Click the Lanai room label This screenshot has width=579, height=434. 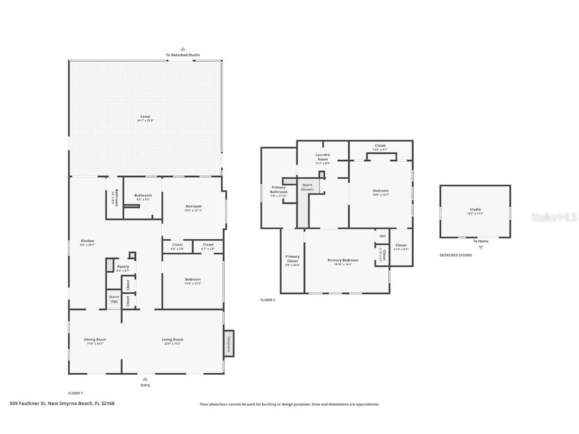click(145, 117)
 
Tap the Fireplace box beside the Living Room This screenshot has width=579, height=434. click(229, 343)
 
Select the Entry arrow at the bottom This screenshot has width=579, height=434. click(145, 379)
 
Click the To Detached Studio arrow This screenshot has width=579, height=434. click(182, 49)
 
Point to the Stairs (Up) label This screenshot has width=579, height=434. click(114, 299)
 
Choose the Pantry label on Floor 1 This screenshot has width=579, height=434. click(123, 267)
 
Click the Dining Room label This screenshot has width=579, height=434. click(95, 340)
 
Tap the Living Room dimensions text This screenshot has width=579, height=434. click(173, 344)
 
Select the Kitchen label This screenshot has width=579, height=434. click(87, 241)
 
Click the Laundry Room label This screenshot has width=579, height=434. click(323, 157)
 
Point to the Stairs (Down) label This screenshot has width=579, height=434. click(307, 187)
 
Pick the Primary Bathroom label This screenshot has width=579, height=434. click(278, 189)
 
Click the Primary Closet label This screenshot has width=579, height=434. click(293, 259)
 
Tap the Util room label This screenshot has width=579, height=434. click(382, 236)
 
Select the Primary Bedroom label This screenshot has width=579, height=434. click(343, 260)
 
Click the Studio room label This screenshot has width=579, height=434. click(475, 209)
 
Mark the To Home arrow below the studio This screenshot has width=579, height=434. click(480, 247)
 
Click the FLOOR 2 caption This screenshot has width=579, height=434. click(267, 300)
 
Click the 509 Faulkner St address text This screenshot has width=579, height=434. click(62, 403)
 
